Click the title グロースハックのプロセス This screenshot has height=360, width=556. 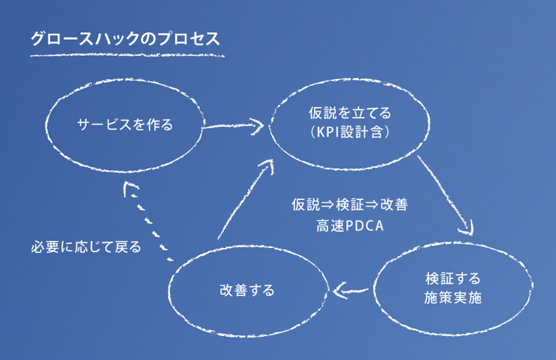coord(125,38)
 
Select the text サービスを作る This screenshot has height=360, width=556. coord(125,125)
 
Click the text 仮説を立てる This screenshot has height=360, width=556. coord(350,113)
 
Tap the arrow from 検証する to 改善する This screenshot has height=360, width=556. coord(350,289)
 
